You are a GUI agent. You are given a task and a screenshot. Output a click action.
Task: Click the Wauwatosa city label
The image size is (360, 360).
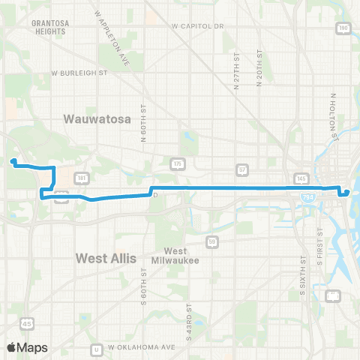[97, 119]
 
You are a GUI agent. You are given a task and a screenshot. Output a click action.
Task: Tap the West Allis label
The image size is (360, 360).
[106, 258]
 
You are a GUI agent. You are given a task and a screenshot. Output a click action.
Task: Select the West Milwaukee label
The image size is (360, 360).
[175, 254]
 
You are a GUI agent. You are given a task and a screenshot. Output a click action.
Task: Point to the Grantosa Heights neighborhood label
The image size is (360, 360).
[50, 27]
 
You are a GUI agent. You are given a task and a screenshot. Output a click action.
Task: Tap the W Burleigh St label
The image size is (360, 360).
[80, 73]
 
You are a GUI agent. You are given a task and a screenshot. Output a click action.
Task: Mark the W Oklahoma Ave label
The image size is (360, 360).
[142, 348]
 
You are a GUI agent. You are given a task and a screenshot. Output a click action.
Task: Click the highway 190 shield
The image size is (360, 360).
[343, 28]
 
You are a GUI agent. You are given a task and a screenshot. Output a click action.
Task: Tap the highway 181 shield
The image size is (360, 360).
[82, 178]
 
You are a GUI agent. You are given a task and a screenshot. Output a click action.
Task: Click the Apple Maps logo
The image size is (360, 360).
[28, 347]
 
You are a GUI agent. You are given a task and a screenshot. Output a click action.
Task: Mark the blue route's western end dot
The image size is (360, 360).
[13, 161]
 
